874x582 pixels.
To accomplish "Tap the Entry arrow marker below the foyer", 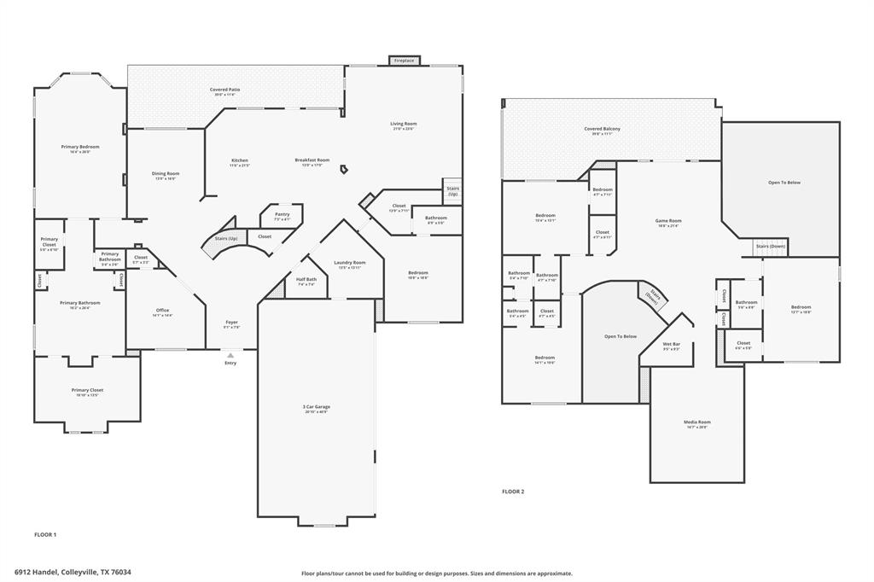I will point(230,355).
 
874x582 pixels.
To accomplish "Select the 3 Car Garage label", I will point(316,407).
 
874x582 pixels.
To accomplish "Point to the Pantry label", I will point(282,214).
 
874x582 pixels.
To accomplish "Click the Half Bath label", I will point(306,279).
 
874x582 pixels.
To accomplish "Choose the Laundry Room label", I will point(349,263).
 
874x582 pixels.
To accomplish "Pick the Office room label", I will point(162,311).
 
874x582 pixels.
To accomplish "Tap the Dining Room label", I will point(166,174).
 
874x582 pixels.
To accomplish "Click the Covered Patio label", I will point(224,90).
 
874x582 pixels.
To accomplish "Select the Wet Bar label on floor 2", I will point(671,344).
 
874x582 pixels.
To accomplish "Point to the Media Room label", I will point(696,422).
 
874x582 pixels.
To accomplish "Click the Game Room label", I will point(668,221).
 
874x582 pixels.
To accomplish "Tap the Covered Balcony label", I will point(602,129).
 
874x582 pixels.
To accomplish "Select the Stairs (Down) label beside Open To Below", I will point(769,247).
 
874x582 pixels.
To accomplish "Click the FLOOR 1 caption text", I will point(45,535).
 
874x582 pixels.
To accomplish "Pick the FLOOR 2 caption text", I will point(513,492).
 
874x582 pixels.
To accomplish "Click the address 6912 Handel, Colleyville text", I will point(73,573).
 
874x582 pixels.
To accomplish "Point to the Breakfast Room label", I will point(312,160).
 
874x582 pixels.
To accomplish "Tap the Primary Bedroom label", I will point(80,147).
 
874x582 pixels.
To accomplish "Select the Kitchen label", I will point(240,160).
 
